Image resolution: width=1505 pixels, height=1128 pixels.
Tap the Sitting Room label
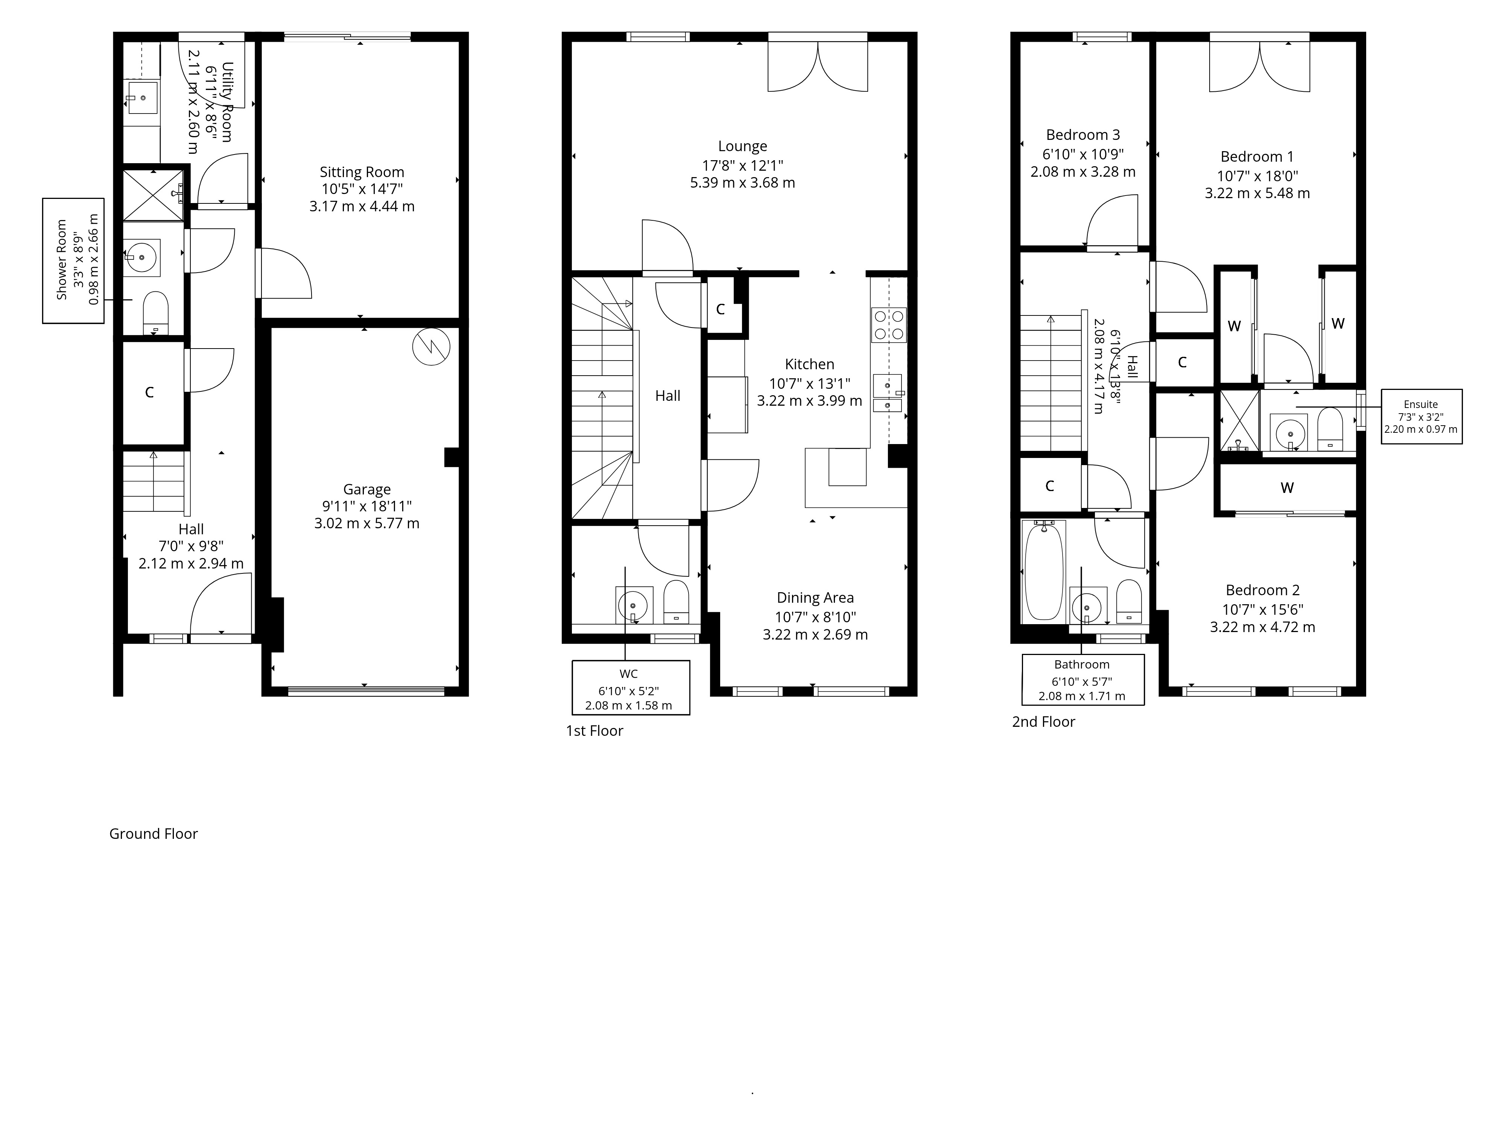(362, 173)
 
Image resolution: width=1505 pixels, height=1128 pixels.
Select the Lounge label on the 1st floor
(742, 146)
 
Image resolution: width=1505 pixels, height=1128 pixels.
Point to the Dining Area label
(815, 598)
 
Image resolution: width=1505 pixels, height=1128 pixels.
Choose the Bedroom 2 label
(1262, 591)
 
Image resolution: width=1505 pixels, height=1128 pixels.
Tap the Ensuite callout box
(1421, 417)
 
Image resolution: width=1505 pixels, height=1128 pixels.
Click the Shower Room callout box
(73, 261)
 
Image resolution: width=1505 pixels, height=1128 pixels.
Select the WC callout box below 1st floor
(631, 687)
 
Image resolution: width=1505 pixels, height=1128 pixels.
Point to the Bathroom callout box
(1082, 680)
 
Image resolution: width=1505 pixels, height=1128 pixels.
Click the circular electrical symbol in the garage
(431, 347)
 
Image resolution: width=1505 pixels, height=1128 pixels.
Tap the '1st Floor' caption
(594, 731)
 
